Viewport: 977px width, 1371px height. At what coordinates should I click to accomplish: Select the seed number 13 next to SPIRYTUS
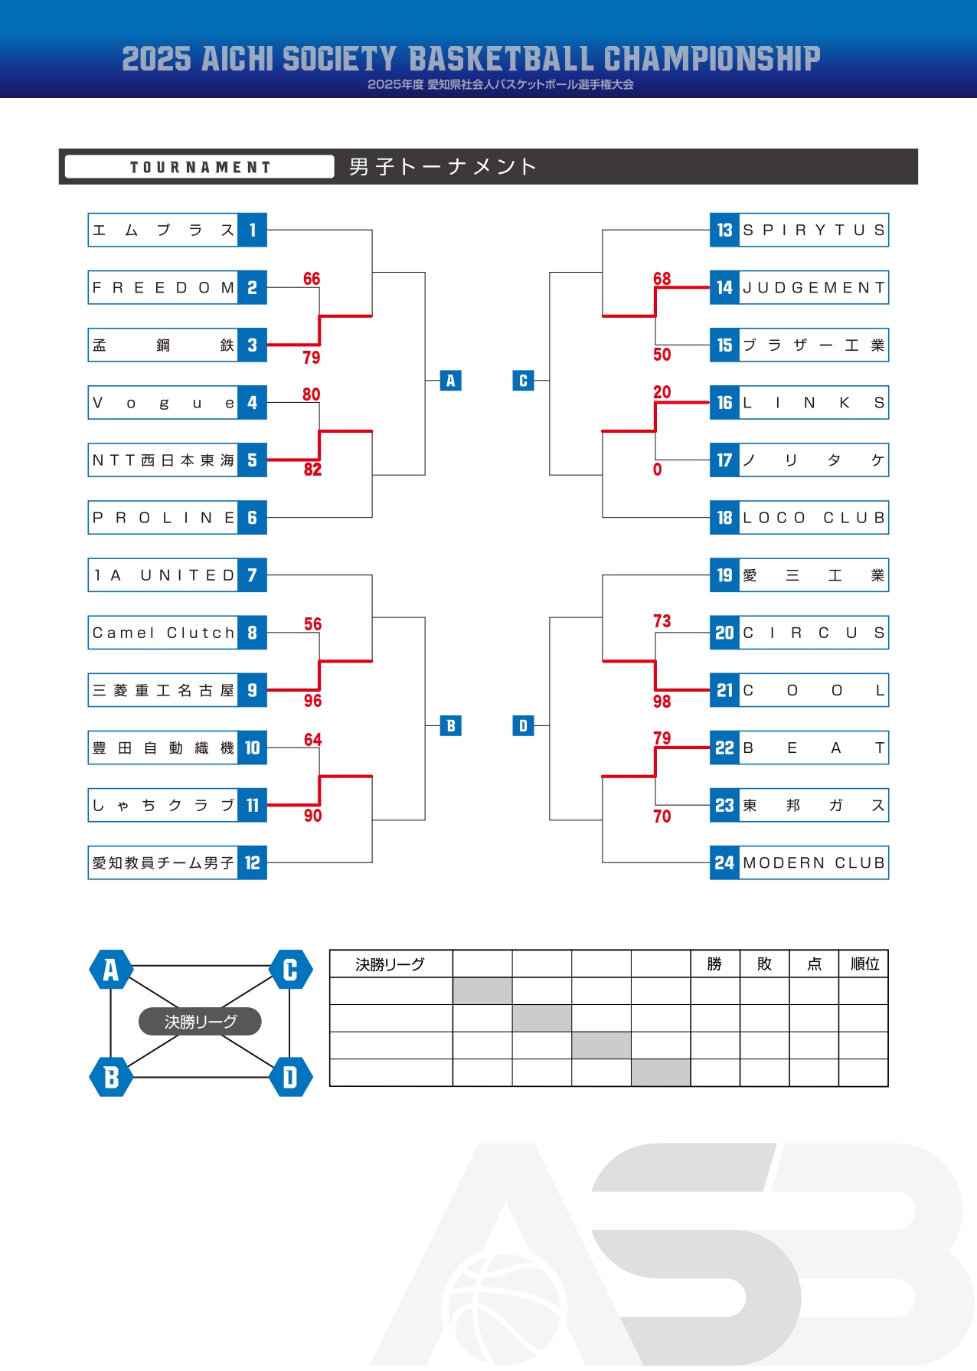point(724,230)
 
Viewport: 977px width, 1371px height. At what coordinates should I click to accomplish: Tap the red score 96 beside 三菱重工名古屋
point(312,701)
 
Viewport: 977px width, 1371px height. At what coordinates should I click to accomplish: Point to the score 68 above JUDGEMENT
point(662,279)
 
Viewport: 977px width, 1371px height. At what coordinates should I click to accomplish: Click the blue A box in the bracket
point(450,381)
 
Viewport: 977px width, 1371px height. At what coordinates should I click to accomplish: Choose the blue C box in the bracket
point(523,381)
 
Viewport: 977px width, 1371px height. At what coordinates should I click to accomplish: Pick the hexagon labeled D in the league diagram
point(290,1078)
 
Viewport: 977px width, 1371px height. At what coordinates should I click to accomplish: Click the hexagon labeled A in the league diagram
point(111,970)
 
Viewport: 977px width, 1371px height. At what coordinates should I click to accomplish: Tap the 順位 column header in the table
point(864,964)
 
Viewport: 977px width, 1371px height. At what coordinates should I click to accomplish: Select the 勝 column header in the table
point(714,964)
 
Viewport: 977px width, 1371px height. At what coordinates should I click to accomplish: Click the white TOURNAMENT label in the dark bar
point(200,167)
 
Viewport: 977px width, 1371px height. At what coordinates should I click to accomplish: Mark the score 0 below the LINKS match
point(657,470)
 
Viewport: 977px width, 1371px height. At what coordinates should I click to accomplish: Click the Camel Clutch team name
point(163,633)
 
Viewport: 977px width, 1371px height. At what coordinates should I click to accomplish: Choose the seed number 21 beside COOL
point(724,690)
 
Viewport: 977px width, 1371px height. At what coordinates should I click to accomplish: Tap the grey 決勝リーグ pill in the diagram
point(200,1022)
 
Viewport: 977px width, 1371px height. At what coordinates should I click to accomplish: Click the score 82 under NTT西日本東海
point(312,470)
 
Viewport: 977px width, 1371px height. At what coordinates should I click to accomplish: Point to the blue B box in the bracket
point(450,726)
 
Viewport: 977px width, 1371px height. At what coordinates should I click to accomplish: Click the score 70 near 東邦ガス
point(662,816)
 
